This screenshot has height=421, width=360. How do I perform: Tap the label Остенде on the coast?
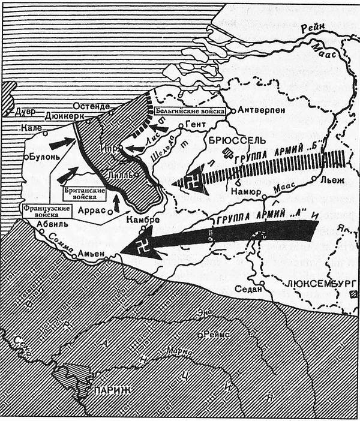tap(92, 106)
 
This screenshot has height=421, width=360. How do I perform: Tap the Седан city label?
tap(249, 290)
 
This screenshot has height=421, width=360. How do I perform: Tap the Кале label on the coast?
tap(29, 128)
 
